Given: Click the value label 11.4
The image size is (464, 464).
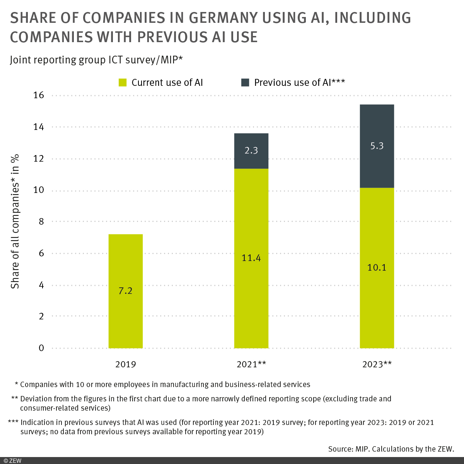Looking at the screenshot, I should (251, 258).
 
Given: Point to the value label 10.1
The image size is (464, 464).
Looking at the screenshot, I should (377, 268).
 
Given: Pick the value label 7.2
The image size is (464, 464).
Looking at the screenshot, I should (125, 291).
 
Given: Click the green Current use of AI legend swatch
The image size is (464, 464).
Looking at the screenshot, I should (123, 82).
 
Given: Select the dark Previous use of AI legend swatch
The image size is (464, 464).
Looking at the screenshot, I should (245, 82).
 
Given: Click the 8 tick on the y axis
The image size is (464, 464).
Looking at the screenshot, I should (41, 222).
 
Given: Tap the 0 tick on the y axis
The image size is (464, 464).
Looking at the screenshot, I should (41, 348).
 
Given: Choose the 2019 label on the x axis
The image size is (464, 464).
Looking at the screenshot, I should (125, 364).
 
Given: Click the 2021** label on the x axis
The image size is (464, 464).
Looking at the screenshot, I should (251, 364).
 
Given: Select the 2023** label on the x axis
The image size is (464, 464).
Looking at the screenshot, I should (377, 364).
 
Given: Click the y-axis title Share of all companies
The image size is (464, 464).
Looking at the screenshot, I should (15, 222).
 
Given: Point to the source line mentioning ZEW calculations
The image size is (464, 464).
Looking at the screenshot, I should (391, 449).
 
